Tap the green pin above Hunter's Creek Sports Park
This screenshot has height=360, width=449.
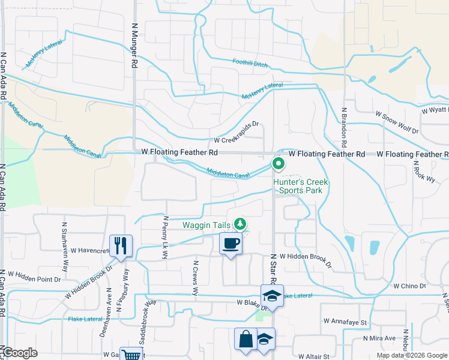[x=279, y=163]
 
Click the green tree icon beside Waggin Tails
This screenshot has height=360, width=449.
[x=241, y=224]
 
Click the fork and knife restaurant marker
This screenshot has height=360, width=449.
[x=121, y=246]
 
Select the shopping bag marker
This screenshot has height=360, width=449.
[x=246, y=339]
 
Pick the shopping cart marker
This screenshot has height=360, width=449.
[x=130, y=355]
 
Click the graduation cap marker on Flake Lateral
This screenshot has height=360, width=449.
[x=271, y=295]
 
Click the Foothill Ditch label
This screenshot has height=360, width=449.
[x=250, y=62]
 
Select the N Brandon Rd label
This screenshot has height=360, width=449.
[x=345, y=128]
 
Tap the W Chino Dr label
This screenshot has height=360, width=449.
[x=409, y=286]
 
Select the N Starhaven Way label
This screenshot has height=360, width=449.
[x=64, y=239]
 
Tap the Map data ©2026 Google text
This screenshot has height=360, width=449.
[x=411, y=355]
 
